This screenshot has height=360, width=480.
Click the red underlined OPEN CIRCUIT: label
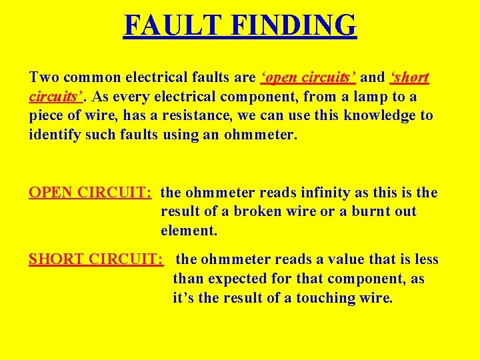pos(91,193)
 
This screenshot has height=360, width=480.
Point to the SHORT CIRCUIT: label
pos(96,259)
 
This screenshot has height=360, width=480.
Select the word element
pos(189,231)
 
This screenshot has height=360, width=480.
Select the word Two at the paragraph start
pos(44,78)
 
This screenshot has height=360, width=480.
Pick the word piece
pos(49,116)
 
